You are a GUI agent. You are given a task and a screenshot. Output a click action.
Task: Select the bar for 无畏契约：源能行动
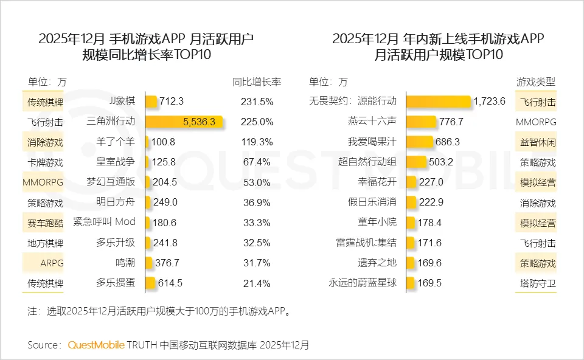[x=438, y=102]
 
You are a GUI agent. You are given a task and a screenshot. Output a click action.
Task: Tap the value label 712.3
[x=172, y=102]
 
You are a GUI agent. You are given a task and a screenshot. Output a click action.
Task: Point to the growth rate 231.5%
[x=258, y=102]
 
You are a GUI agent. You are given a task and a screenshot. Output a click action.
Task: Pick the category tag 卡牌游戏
[x=45, y=162]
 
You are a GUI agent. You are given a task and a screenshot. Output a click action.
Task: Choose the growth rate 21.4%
[x=258, y=283]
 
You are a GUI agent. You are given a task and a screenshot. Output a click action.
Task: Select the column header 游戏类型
[x=535, y=81]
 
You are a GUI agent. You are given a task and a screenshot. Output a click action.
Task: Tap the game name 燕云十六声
[x=377, y=122]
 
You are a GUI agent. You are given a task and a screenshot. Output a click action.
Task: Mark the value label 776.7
[x=451, y=122]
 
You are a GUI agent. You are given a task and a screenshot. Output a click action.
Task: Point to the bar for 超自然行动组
[x=417, y=162]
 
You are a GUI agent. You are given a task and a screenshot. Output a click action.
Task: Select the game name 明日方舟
[x=115, y=202]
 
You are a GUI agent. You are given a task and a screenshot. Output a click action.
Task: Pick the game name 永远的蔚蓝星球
[x=362, y=283]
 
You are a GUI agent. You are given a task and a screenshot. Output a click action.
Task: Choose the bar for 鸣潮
[x=149, y=263]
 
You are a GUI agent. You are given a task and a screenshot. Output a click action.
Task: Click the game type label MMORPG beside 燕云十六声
[x=535, y=122]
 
